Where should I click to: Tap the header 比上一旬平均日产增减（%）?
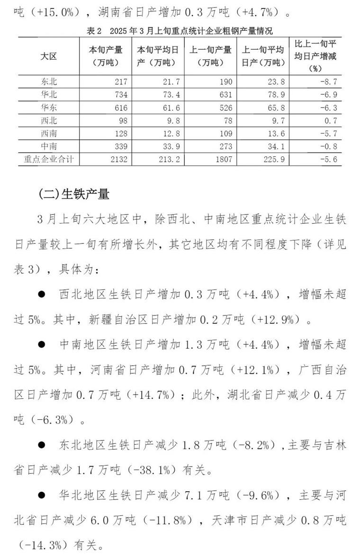(x=315, y=56)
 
